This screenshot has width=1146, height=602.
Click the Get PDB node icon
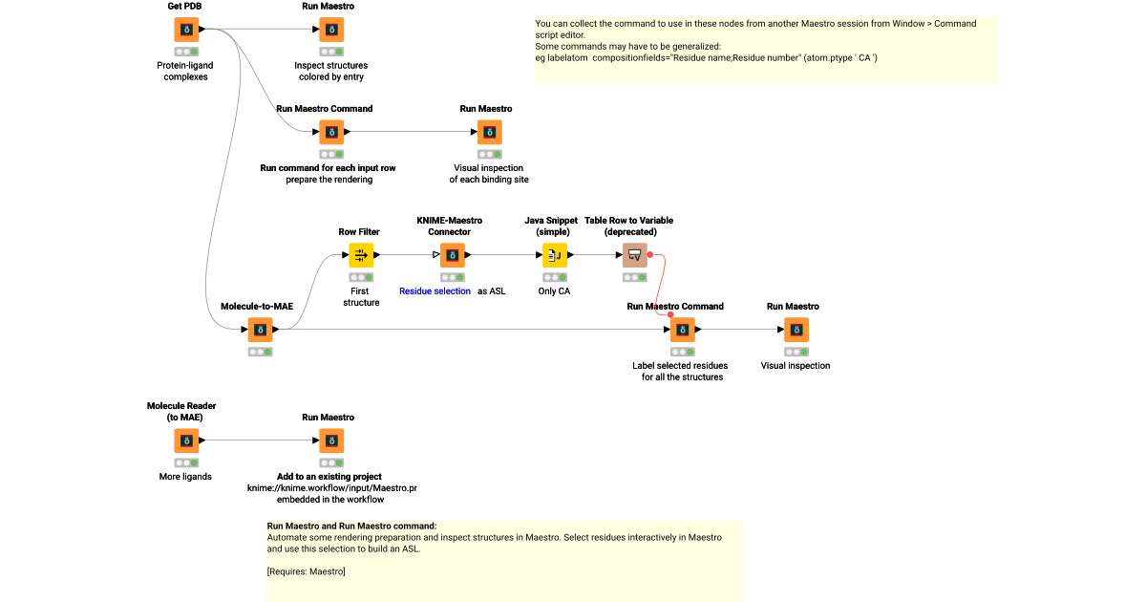(186, 30)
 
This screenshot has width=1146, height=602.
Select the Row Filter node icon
(361, 255)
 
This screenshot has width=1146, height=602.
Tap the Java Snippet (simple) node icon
(555, 255)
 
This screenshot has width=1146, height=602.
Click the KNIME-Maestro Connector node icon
(452, 255)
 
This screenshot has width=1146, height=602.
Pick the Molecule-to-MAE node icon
(260, 330)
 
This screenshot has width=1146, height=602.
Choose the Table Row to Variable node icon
(635, 255)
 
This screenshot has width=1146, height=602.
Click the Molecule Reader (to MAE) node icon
(186, 441)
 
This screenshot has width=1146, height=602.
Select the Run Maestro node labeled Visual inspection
(796, 330)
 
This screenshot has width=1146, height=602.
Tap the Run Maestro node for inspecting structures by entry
(330, 30)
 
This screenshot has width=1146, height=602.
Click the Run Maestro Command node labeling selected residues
(682, 330)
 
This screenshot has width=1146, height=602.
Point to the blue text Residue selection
(435, 291)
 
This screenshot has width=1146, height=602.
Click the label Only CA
(554, 291)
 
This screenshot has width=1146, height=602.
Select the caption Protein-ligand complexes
(185, 71)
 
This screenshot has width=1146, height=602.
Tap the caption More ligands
(185, 477)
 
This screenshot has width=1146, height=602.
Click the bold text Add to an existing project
(329, 477)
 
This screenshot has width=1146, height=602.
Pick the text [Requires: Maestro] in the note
(306, 571)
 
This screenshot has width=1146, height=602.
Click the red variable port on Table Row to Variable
(650, 255)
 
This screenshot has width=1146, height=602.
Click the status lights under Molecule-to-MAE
(260, 352)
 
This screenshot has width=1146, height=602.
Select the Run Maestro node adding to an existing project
(330, 441)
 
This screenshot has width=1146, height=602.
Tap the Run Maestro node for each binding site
(489, 133)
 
